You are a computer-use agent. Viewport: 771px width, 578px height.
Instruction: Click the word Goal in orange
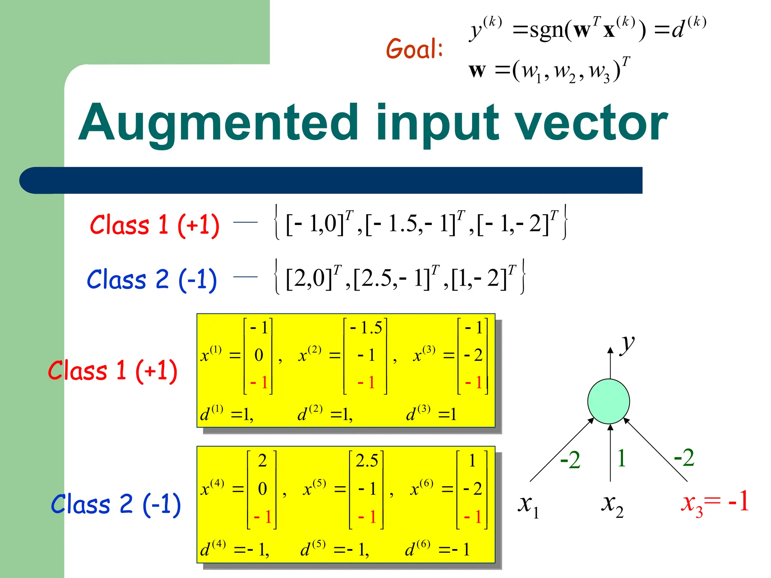(x=414, y=49)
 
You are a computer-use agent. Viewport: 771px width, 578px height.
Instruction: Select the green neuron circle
(x=608, y=401)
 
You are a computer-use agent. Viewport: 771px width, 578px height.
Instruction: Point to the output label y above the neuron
(x=627, y=343)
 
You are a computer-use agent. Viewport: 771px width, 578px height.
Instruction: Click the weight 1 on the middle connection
(x=622, y=458)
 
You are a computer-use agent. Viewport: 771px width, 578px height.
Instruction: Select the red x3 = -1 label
(x=715, y=503)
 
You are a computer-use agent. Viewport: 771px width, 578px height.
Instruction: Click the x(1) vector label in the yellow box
(x=211, y=354)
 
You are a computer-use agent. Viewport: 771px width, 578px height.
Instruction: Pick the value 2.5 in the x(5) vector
(x=367, y=461)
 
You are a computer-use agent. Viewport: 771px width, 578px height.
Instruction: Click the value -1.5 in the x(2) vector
(x=366, y=328)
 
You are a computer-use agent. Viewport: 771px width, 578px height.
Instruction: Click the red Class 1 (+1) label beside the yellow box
(x=113, y=371)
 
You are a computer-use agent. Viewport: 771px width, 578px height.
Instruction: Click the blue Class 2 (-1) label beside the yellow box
(x=116, y=504)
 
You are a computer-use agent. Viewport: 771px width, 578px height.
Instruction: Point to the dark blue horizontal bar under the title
(x=331, y=181)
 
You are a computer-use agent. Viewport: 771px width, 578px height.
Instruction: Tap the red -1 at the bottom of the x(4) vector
(x=262, y=517)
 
